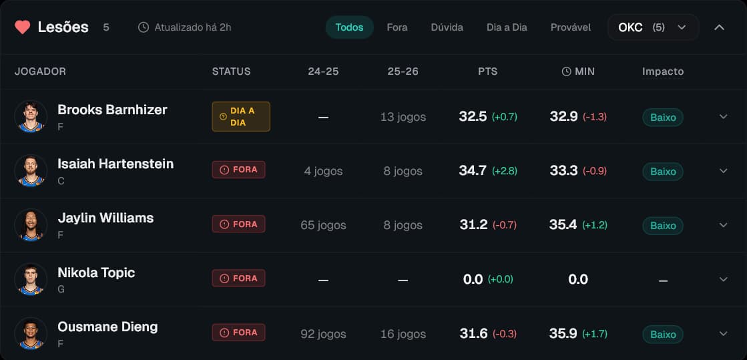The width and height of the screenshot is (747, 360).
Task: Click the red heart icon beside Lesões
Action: pos(23,27)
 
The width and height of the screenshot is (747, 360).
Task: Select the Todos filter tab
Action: pos(349,27)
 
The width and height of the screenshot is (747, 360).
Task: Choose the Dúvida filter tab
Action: pos(447,27)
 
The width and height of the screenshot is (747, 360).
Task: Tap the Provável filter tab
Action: pos(570,27)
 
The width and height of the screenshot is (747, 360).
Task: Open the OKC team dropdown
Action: pos(652,27)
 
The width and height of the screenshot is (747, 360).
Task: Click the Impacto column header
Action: pos(662,71)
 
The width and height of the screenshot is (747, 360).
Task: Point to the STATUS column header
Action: pos(231,71)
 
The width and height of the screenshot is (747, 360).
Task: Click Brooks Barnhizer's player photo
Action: pos(31,117)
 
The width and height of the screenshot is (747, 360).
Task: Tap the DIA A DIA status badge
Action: pos(241,116)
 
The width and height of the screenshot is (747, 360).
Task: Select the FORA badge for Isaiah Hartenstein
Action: pos(238,170)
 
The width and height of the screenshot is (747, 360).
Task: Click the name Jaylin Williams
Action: pos(105,218)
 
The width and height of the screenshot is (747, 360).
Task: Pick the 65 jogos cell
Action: pos(323,225)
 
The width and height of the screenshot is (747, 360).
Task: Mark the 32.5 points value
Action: pos(473,116)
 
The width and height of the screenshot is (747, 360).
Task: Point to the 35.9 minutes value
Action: pos(563,333)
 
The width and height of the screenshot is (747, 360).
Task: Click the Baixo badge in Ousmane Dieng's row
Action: pos(663,334)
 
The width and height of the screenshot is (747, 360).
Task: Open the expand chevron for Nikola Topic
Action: pos(723,279)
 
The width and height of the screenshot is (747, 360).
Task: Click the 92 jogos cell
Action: pos(323,334)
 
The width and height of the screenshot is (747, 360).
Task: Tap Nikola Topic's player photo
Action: pos(31,280)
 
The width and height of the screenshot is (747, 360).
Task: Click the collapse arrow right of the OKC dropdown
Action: pos(719,27)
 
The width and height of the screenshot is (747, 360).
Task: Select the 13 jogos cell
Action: pos(403,117)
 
